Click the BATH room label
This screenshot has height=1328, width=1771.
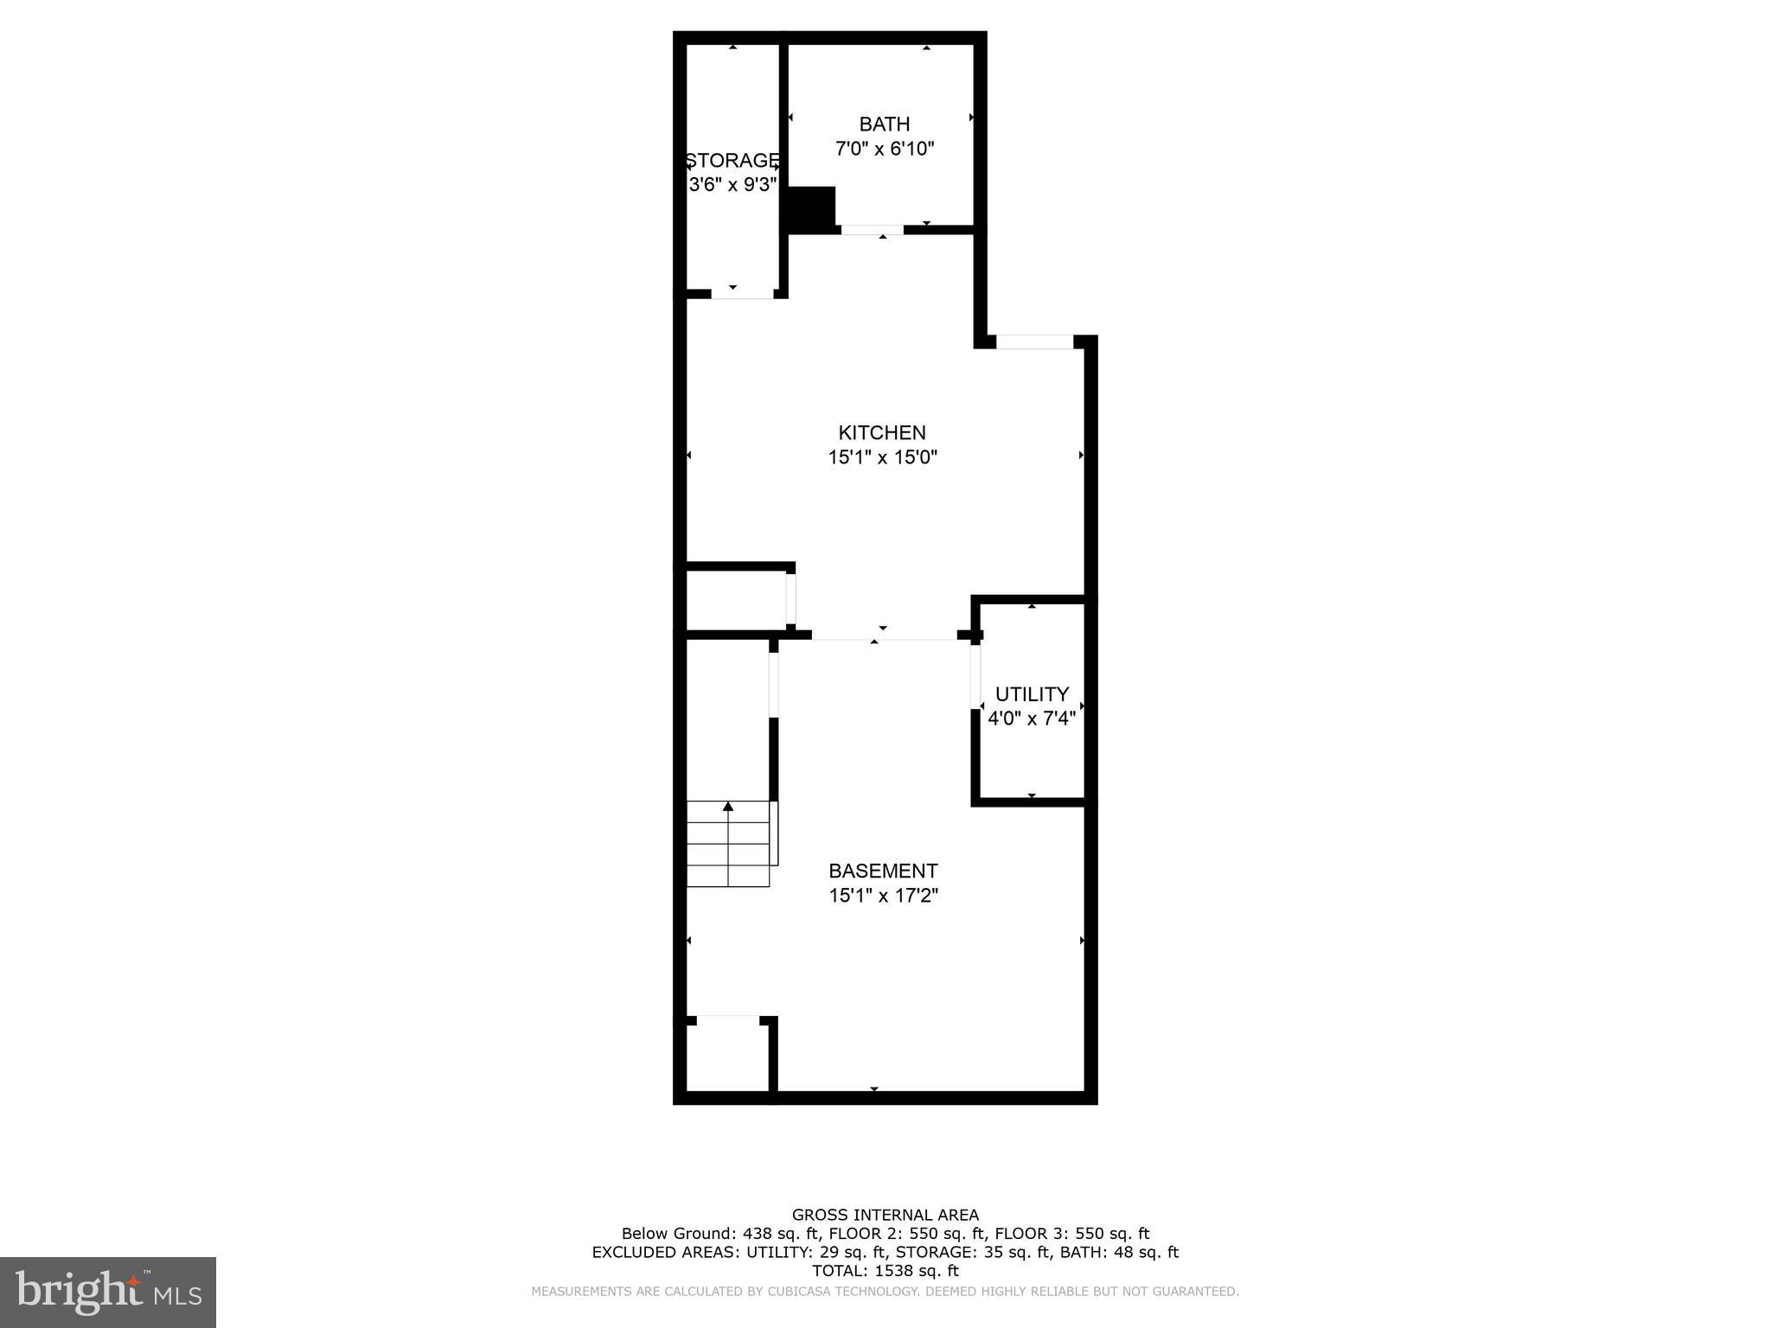(x=884, y=124)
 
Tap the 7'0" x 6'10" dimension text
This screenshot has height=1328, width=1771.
(x=884, y=149)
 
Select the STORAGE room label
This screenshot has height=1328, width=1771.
(x=732, y=161)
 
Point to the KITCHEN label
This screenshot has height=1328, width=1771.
(x=882, y=432)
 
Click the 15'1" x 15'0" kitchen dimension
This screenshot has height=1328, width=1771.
(x=882, y=456)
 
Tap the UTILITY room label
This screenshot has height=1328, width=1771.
(x=1032, y=694)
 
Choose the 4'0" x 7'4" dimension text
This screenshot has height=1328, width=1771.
(x=1032, y=718)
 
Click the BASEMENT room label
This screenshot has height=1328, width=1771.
(x=883, y=871)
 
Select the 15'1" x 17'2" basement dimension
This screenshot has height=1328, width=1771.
(x=883, y=895)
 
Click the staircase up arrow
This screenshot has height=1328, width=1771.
(x=728, y=807)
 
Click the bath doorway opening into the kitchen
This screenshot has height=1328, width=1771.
(x=873, y=230)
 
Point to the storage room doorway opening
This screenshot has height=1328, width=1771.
(x=742, y=294)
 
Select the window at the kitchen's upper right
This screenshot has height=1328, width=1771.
(x=1034, y=342)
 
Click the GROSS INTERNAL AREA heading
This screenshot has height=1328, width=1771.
(x=885, y=1216)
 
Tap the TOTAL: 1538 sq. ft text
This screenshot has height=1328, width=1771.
(x=885, y=1271)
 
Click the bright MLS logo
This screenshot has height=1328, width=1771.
(x=108, y=1292)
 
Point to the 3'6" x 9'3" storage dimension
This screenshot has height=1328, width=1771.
(x=732, y=185)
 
